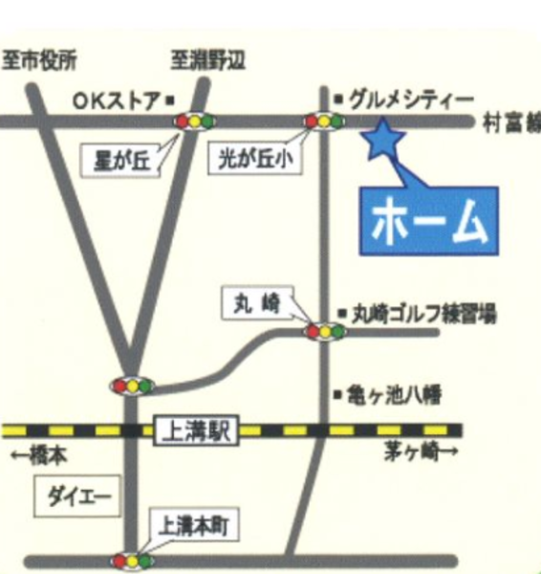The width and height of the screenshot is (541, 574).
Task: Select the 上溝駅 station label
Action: click(x=194, y=431)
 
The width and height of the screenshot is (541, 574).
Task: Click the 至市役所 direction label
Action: click(x=39, y=60)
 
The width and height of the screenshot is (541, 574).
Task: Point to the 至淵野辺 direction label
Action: click(x=208, y=60)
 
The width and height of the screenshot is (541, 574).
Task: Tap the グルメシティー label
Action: click(x=411, y=99)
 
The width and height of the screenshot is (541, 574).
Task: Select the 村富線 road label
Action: click(x=511, y=122)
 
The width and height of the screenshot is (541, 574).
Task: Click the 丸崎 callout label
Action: click(x=254, y=303)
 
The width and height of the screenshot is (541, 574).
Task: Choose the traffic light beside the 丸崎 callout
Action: click(x=324, y=332)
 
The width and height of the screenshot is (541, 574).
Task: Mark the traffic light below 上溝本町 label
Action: click(x=133, y=560)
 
